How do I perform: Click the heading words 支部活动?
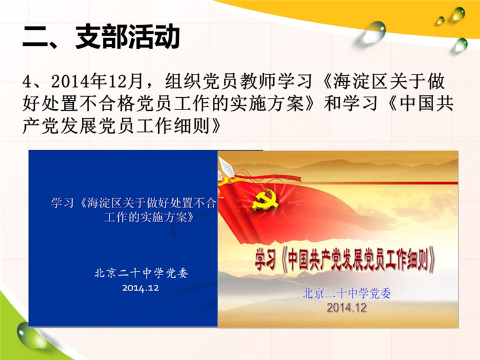(x=127, y=37)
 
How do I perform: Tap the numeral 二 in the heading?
(x=35, y=38)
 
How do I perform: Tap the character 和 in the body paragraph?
(x=332, y=103)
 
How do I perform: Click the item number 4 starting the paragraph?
(x=27, y=82)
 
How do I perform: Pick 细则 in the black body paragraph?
(x=191, y=126)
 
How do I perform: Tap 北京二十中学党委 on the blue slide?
(x=141, y=273)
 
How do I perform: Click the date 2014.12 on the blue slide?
(x=140, y=288)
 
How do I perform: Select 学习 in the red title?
(x=265, y=260)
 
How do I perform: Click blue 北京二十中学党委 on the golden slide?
(x=346, y=294)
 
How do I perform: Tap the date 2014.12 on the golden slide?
(x=346, y=307)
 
